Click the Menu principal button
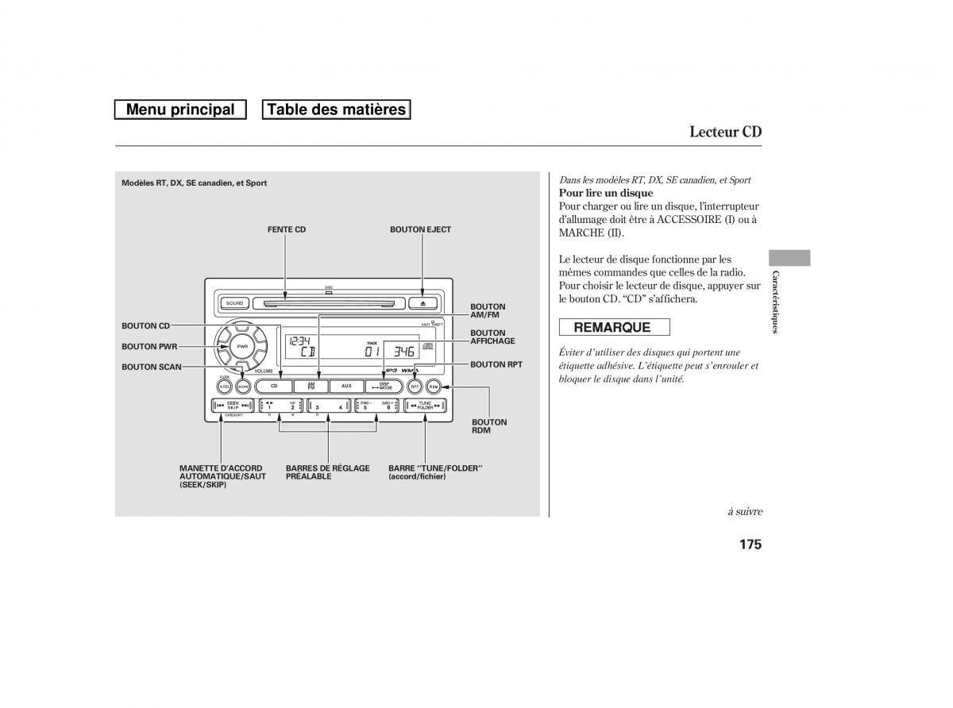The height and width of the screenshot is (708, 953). click(x=180, y=110)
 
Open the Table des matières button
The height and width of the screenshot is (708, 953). click(x=336, y=110)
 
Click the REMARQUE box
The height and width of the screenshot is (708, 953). click(x=614, y=327)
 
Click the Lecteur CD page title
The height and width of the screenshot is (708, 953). click(x=725, y=132)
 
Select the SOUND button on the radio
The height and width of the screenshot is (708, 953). click(x=234, y=302)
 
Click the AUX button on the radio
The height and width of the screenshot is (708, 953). click(x=346, y=386)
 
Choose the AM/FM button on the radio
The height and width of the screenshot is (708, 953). click(x=311, y=386)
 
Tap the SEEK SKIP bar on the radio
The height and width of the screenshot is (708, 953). click(x=233, y=406)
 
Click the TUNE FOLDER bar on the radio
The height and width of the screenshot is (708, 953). click(x=426, y=406)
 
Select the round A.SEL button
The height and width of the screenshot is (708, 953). click(x=225, y=387)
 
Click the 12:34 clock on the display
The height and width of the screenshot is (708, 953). click(x=299, y=341)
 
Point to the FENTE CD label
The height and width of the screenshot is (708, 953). click(x=286, y=229)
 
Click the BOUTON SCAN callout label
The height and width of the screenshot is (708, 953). click(x=151, y=367)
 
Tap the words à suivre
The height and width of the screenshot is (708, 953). click(x=744, y=511)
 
